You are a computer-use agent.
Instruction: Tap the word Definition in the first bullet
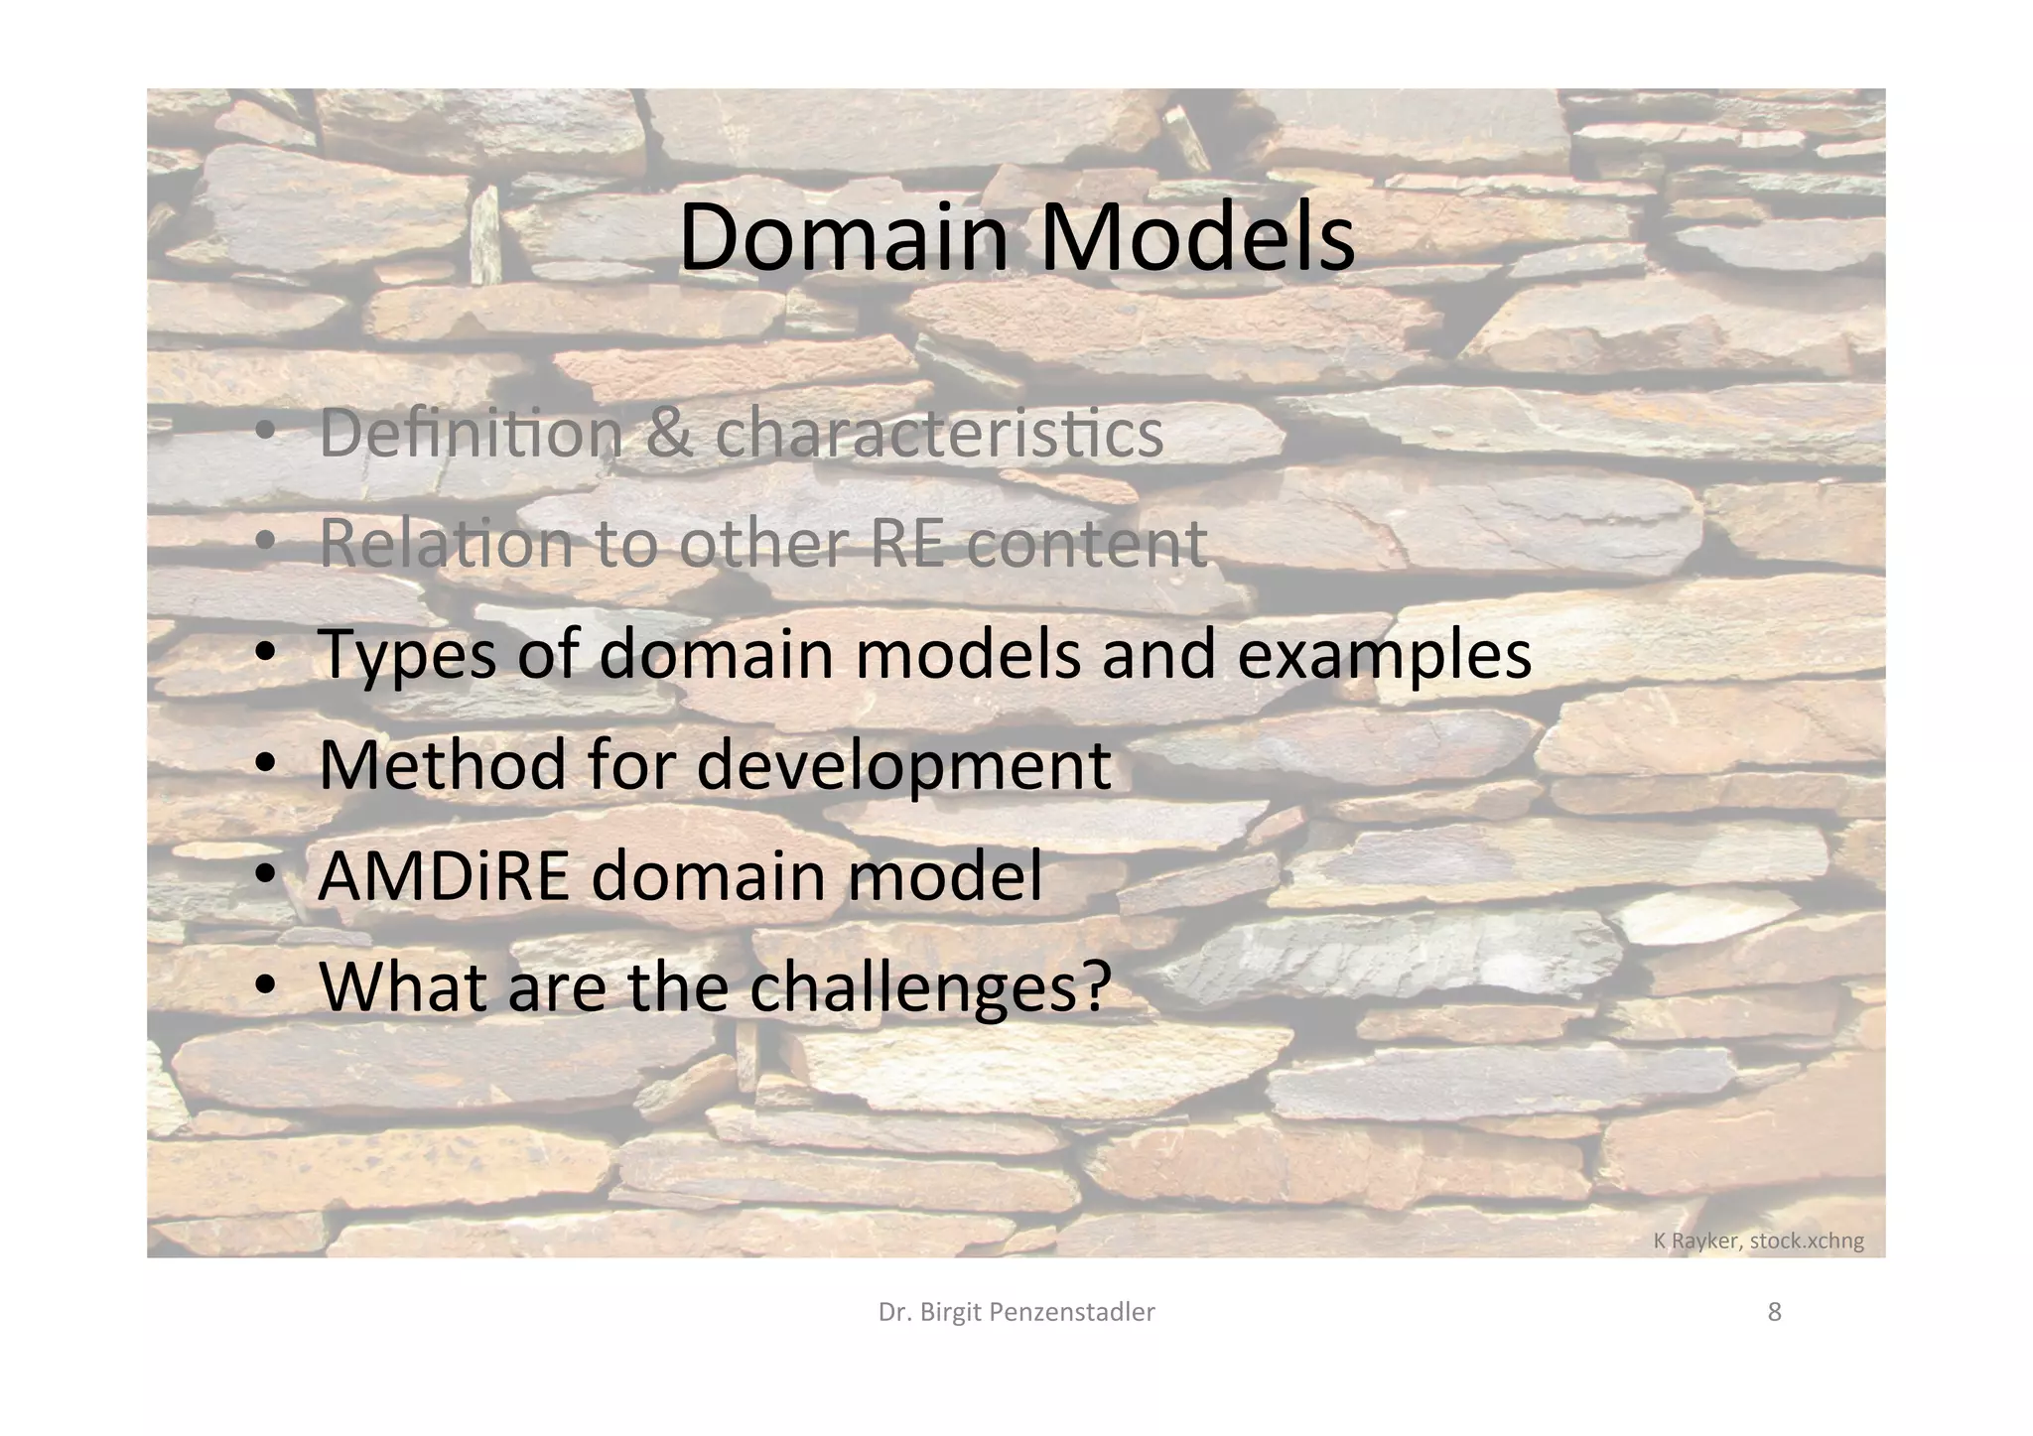(471, 433)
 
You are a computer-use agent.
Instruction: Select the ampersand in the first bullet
(668, 433)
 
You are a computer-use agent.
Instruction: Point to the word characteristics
(939, 435)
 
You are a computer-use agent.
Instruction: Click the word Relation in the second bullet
(446, 544)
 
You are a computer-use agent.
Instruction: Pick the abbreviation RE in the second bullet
(907, 544)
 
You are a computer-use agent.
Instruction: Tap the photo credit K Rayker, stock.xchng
(1758, 1240)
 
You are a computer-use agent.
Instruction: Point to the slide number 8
(1775, 1312)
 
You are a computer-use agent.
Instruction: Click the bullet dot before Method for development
(265, 765)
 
